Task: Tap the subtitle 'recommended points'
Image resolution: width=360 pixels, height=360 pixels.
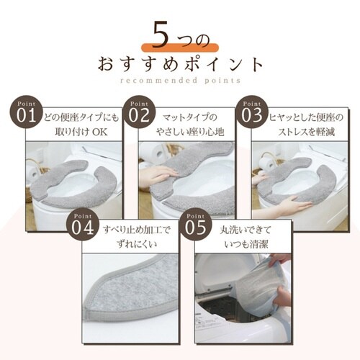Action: click(x=180, y=81)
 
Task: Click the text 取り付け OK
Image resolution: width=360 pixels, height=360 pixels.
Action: click(x=79, y=132)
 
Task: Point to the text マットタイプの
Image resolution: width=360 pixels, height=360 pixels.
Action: click(x=192, y=115)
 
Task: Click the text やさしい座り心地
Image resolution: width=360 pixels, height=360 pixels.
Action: click(x=193, y=132)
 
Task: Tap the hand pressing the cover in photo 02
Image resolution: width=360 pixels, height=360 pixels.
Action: click(x=154, y=175)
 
